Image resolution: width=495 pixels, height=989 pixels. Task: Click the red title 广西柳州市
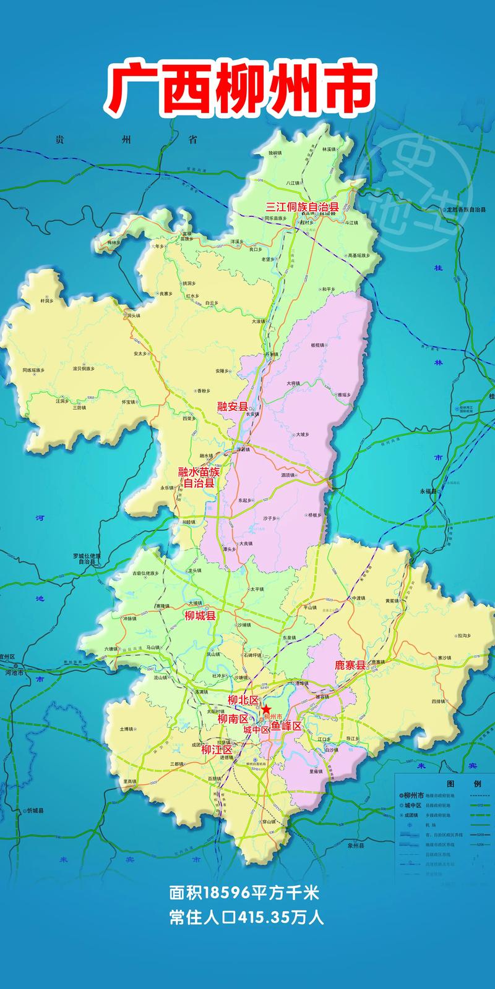click(x=241, y=86)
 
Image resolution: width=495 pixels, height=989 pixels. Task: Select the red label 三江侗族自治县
click(x=302, y=207)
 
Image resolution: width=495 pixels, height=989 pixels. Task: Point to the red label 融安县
click(x=232, y=406)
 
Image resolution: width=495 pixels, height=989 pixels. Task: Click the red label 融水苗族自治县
click(x=199, y=477)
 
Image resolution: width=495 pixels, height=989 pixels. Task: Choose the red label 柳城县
click(x=200, y=616)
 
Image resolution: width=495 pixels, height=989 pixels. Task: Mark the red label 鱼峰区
click(x=286, y=726)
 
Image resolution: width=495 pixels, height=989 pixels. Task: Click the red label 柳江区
click(x=216, y=750)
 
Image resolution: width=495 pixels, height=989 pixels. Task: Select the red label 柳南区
click(x=233, y=719)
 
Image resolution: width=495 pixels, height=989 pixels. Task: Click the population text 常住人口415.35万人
click(x=246, y=917)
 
